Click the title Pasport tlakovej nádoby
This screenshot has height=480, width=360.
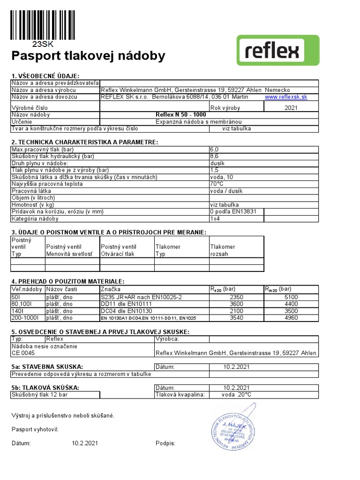pos(88,57)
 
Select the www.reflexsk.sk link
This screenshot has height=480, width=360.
pos(286,97)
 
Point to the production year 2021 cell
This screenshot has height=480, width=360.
pos(291,108)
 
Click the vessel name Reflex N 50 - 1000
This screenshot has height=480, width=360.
pos(180,114)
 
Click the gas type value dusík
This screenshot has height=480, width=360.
pos(217,163)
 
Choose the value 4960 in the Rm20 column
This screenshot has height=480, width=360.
pos(291,318)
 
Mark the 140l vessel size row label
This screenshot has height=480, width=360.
pos(17,311)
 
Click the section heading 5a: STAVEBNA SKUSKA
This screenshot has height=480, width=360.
pos(47,366)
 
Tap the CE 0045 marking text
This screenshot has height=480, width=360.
pos(23,353)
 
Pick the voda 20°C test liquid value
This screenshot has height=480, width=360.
pos(236,395)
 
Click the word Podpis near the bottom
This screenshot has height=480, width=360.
pos(165,443)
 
